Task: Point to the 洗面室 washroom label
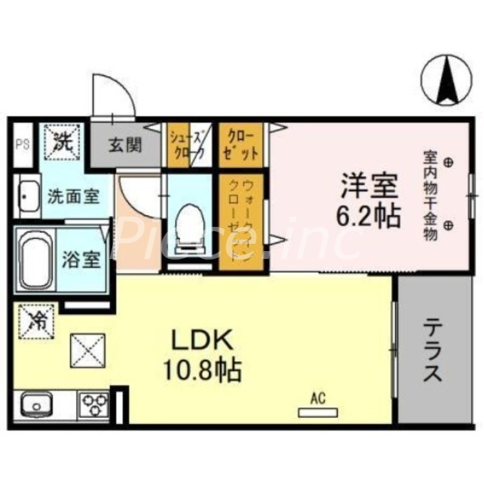tap(73, 197)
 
